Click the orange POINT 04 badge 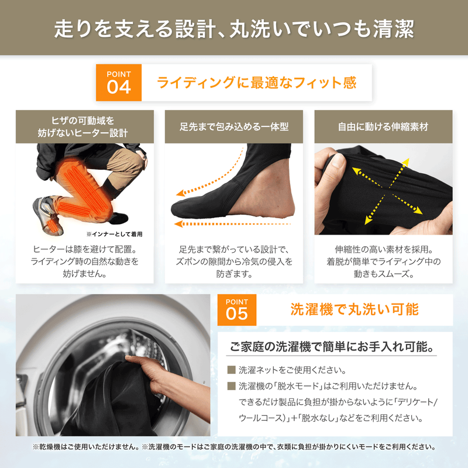119,82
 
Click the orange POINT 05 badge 237,308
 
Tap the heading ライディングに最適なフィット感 257,82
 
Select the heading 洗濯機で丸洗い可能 355,308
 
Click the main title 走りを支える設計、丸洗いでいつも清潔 234,27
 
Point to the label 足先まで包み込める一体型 234,126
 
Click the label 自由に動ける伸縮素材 383,126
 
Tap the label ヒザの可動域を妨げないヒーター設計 85,126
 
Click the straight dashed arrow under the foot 234,223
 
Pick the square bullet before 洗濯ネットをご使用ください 230,370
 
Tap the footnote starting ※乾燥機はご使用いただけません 234,447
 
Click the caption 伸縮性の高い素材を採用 383,248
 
